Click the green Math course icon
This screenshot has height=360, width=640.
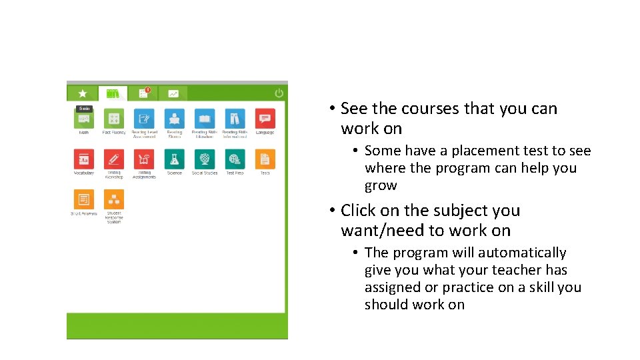pyautogui.click(x=84, y=119)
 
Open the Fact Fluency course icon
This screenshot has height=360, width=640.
pyautogui.click(x=114, y=119)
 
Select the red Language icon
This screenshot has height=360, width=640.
pyautogui.click(x=265, y=119)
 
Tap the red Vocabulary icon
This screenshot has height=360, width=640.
pyautogui.click(x=84, y=159)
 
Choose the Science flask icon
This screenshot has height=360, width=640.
pyautogui.click(x=174, y=159)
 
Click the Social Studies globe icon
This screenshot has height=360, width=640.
pyautogui.click(x=205, y=159)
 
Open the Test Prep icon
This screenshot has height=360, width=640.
pyautogui.click(x=235, y=159)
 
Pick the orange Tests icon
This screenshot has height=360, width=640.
pyautogui.click(x=265, y=159)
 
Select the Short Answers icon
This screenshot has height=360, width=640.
pyautogui.click(x=84, y=199)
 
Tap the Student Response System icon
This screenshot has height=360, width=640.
pyautogui.click(x=114, y=199)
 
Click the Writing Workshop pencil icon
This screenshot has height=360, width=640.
pyautogui.click(x=114, y=159)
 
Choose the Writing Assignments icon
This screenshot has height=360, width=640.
pyautogui.click(x=144, y=159)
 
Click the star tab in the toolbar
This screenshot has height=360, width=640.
pyautogui.click(x=82, y=94)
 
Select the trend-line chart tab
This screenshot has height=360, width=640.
pyautogui.click(x=173, y=94)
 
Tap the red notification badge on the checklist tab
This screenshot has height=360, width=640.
pyautogui.click(x=147, y=90)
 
